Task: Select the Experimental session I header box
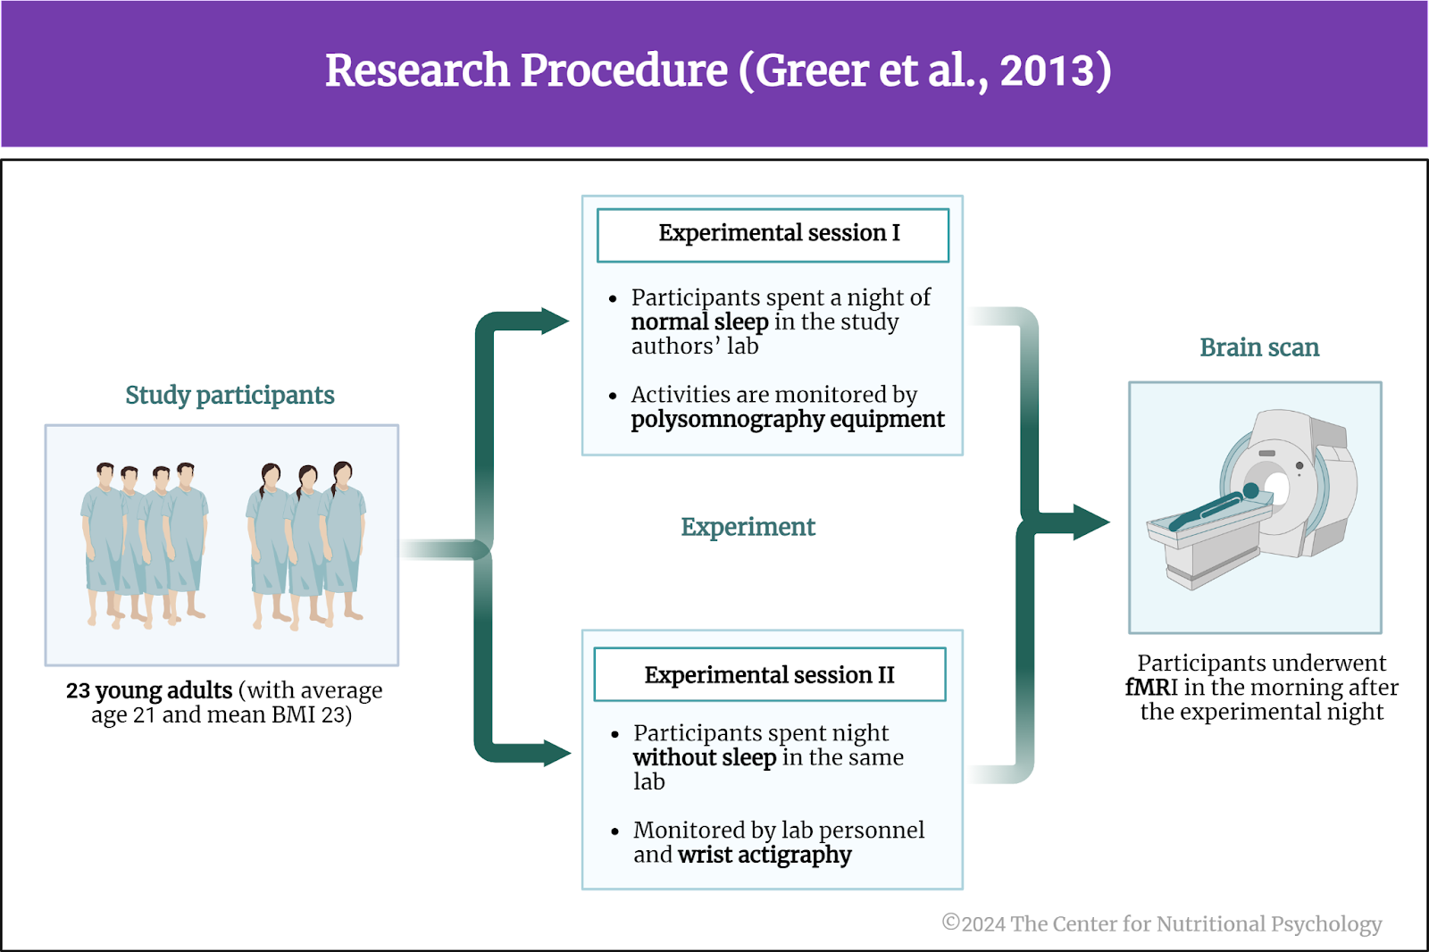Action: click(x=773, y=235)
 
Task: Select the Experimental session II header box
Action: click(x=769, y=674)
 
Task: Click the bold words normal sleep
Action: click(x=699, y=322)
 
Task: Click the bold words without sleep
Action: click(x=705, y=757)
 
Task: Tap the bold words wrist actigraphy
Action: click(x=765, y=855)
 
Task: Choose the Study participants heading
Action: click(x=230, y=396)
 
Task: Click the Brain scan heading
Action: click(x=1259, y=347)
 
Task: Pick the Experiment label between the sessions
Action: click(x=748, y=528)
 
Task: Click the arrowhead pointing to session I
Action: click(x=555, y=321)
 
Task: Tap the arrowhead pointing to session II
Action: click(x=557, y=753)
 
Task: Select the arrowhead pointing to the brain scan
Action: click(x=1091, y=522)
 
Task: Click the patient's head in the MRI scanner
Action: click(x=1251, y=490)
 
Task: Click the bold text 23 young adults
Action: click(x=149, y=691)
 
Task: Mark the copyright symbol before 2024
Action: click(x=950, y=923)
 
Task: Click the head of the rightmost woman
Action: click(x=343, y=474)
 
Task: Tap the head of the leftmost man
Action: click(x=105, y=475)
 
